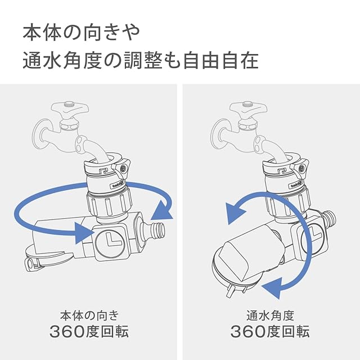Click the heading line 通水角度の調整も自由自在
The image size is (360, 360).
click(x=141, y=60)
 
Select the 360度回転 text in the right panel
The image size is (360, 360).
click(x=270, y=331)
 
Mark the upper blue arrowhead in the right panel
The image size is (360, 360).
click(x=236, y=213)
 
